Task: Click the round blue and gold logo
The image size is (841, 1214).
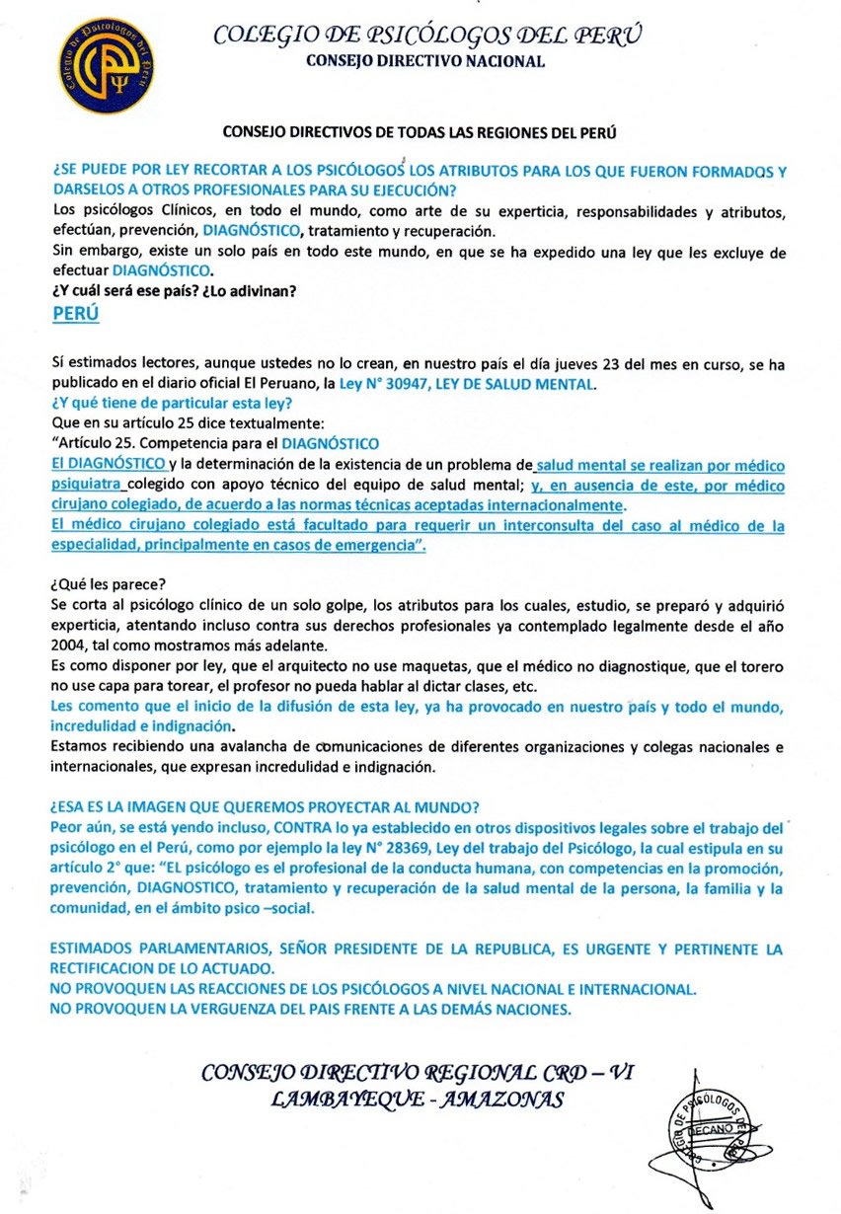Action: click(x=106, y=66)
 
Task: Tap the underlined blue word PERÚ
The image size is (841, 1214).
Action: click(x=75, y=313)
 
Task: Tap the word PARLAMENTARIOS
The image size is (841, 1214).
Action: click(x=193, y=949)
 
